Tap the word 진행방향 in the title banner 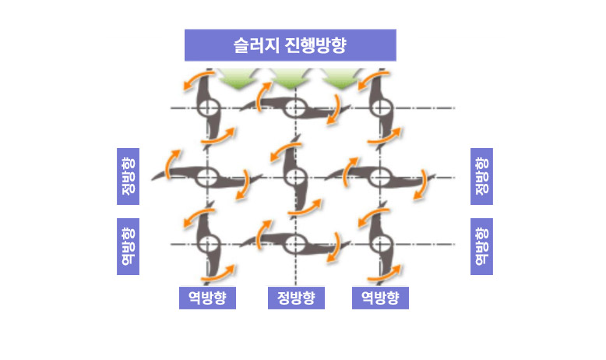tap(315, 45)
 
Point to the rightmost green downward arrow tap(340, 76)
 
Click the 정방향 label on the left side tap(128, 176)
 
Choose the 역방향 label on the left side tap(128, 246)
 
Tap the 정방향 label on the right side tap(481, 176)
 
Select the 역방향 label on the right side tap(481, 246)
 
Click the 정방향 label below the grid tap(295, 298)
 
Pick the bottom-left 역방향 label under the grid tap(207, 298)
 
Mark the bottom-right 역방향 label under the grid tap(380, 298)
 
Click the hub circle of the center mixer tap(294, 176)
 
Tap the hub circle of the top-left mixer tap(207, 108)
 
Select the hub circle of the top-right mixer tap(380, 108)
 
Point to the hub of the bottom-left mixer tap(207, 243)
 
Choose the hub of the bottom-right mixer tap(380, 243)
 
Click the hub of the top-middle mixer tap(294, 108)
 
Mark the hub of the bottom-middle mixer tap(294, 243)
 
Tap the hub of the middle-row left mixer tap(207, 176)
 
